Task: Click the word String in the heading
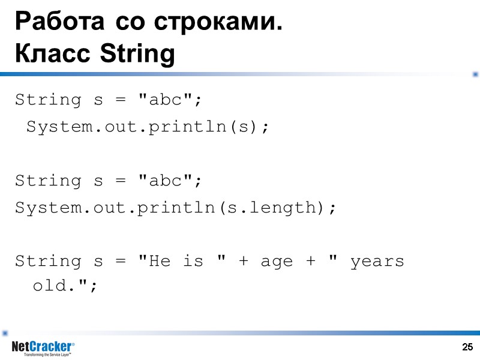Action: click(137, 55)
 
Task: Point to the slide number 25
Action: click(468, 347)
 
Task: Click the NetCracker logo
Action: click(43, 347)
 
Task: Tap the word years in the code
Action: click(377, 262)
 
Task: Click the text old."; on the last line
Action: click(64, 286)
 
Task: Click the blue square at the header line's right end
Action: click(475, 74)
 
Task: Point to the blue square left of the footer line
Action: click(5, 332)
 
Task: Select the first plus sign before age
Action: click(243, 262)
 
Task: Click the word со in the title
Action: click(128, 23)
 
